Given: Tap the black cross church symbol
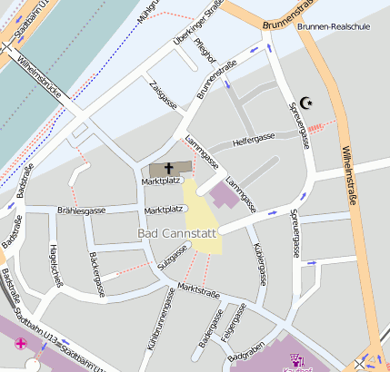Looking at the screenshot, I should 170,169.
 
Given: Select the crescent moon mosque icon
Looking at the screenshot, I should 307,103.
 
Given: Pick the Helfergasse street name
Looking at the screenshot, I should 254,140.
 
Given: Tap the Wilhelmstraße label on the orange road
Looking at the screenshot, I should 351,178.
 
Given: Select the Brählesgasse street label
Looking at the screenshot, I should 81,210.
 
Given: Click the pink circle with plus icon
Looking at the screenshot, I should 21,344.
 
